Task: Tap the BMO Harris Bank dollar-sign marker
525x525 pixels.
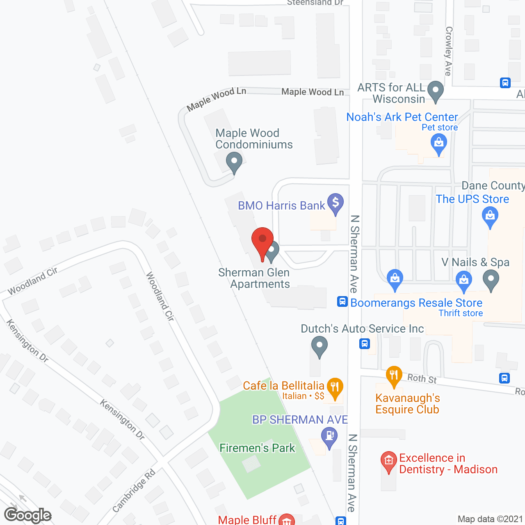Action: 336,203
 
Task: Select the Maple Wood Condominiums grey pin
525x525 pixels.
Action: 234,162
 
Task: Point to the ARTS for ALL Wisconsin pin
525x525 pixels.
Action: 435,91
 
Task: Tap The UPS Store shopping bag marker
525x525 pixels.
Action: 490,216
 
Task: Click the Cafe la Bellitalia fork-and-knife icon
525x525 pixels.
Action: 335,388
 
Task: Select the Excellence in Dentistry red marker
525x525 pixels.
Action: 388,462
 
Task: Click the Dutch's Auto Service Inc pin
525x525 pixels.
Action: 319,346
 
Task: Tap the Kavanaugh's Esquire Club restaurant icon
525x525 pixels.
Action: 394,376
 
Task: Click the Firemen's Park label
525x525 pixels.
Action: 257,448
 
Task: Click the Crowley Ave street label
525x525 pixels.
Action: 449,51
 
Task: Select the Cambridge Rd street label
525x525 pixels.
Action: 134,491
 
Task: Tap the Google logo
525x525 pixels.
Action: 28,515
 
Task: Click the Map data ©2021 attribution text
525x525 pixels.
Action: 490,519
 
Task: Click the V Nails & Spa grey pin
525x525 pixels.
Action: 491,281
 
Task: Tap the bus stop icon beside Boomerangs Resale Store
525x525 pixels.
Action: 342,302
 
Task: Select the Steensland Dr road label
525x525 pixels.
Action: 315,3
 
